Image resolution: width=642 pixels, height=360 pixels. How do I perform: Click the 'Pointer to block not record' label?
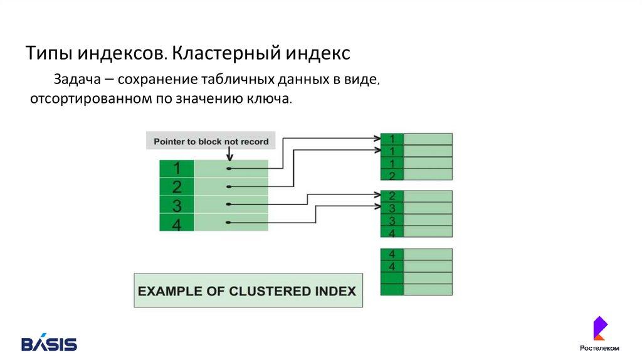tap(211, 141)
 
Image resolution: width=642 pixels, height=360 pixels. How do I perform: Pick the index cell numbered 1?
tap(177, 169)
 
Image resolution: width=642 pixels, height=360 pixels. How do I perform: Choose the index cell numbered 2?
tap(177, 186)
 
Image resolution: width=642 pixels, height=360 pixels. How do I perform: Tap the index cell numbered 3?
tap(177, 204)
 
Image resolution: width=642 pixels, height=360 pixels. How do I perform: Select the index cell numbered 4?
tap(177, 223)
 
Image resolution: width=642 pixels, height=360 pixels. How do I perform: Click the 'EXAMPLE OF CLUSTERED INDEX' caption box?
tap(248, 290)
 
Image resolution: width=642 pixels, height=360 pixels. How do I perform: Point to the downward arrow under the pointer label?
tap(230, 154)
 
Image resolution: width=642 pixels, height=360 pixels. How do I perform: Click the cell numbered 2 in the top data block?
tap(392, 175)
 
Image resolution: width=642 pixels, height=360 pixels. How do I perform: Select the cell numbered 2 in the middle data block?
tap(392, 196)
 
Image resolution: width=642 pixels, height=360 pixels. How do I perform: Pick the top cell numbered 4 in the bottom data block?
tap(392, 254)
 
